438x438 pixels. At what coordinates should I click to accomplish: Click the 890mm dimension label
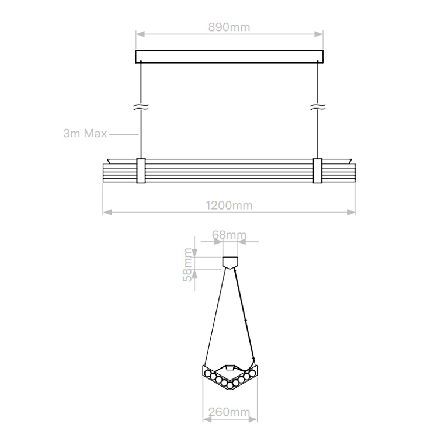(x=229, y=27)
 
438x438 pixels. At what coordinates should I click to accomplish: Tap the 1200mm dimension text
(x=229, y=206)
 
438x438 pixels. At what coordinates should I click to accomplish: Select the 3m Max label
(x=85, y=134)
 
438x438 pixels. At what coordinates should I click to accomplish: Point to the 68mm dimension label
(x=229, y=235)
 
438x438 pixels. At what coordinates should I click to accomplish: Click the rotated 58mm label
(x=187, y=265)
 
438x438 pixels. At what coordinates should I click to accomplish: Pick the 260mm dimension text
(x=229, y=412)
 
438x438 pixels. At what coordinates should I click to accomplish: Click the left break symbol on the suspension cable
(x=141, y=107)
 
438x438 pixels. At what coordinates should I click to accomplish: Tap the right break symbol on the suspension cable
(x=318, y=107)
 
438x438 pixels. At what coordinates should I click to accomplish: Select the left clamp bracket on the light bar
(x=141, y=171)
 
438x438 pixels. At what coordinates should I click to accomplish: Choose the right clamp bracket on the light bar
(x=318, y=171)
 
